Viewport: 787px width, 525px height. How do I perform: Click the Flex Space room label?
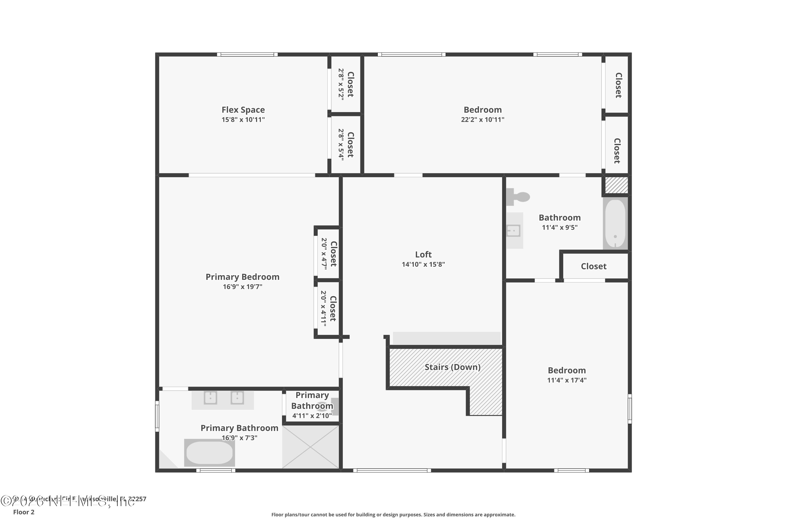[x=243, y=110]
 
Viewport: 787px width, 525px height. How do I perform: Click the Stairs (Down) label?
[x=452, y=367]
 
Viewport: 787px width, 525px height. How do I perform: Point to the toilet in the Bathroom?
[x=518, y=197]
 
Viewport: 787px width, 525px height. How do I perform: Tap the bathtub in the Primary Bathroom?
[x=209, y=453]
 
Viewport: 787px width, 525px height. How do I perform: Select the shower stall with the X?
[x=311, y=447]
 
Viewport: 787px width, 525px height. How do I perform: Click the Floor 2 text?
[x=24, y=512]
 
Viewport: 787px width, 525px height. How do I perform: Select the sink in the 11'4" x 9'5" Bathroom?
[x=513, y=230]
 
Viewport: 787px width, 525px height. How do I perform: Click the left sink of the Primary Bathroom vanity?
[x=210, y=398]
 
